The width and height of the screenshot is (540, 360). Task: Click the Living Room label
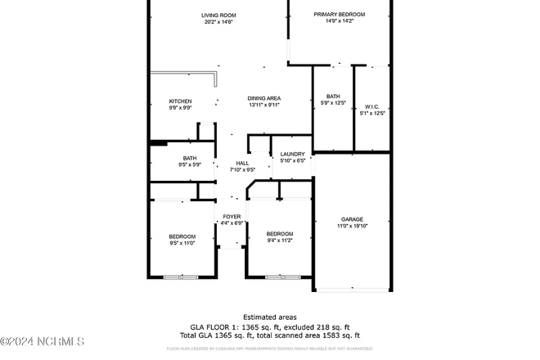pos(218,15)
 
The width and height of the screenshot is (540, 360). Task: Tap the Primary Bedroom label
pos(340,15)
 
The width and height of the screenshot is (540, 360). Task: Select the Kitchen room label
pos(180,101)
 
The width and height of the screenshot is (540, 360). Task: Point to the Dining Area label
pos(264,98)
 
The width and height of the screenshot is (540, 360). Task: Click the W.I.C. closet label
pos(371,106)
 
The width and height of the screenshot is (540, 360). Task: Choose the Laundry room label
pos(292,154)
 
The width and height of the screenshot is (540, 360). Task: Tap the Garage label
pos(352,219)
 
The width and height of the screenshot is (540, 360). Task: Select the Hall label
pos(242,164)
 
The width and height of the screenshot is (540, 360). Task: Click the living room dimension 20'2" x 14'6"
pos(218,22)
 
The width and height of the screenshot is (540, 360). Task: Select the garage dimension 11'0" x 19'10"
pos(352,226)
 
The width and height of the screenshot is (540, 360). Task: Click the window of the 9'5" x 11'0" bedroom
pos(180,278)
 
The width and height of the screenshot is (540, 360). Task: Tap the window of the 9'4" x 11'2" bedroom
pos(281,278)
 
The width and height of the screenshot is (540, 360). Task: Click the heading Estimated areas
pos(269,317)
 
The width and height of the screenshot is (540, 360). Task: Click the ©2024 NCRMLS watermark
pos(43,340)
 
